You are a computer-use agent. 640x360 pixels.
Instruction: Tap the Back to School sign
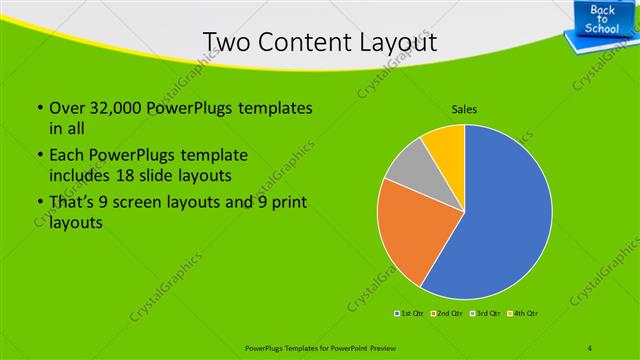point(603,21)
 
